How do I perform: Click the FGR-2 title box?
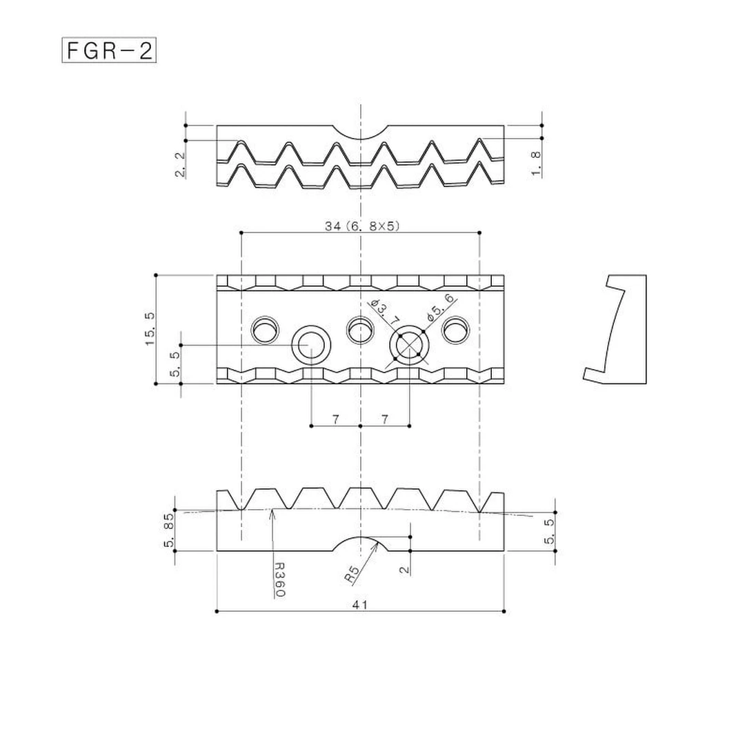(x=109, y=51)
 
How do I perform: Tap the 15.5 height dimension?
(x=150, y=328)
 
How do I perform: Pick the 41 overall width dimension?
(x=359, y=604)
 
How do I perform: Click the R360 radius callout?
(x=279, y=579)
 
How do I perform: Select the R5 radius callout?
(x=354, y=574)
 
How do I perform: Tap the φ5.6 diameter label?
(x=441, y=307)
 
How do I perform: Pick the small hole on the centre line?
(x=359, y=330)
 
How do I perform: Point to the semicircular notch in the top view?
(x=361, y=131)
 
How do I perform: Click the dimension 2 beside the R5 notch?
(x=405, y=569)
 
